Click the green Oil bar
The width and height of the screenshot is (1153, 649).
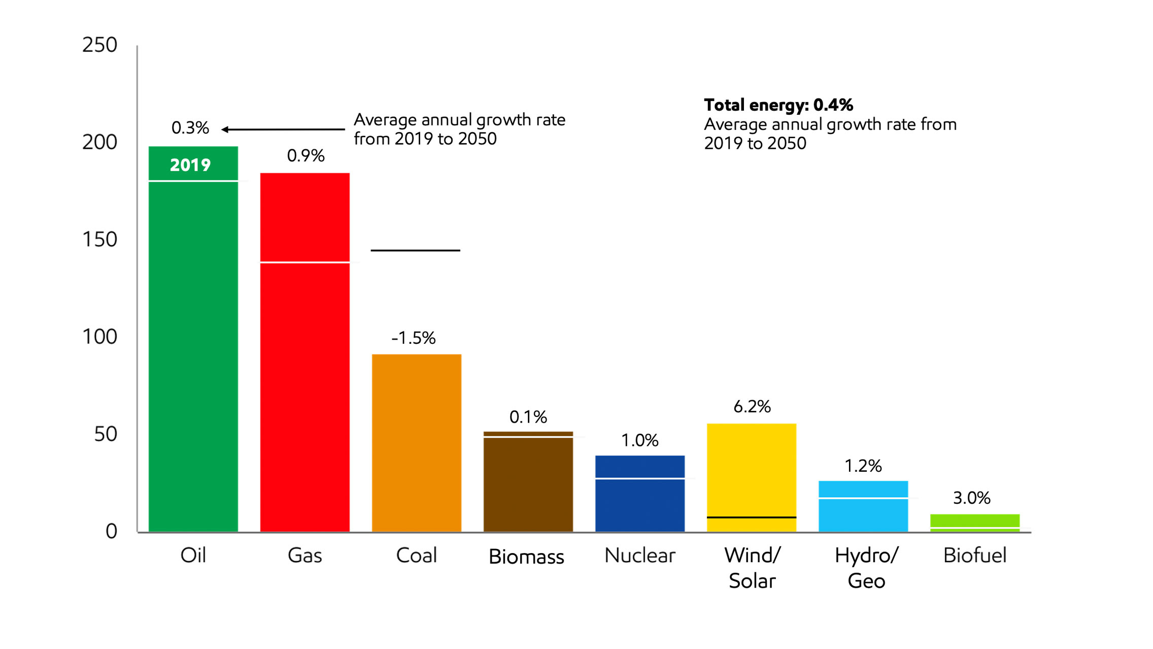click(193, 355)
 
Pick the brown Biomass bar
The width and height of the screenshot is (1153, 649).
click(528, 482)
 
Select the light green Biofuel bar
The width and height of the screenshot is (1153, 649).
click(974, 522)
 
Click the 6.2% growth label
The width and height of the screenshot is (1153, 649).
click(752, 406)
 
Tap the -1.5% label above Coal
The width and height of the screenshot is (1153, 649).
click(413, 338)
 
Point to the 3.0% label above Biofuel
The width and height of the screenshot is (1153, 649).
click(971, 498)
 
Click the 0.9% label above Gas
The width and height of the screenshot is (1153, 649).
click(306, 155)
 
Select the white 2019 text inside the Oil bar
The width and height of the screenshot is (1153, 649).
click(190, 165)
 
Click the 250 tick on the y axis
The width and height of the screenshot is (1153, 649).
click(99, 45)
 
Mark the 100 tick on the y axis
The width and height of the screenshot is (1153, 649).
click(99, 337)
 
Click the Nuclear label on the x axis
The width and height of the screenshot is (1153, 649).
click(639, 556)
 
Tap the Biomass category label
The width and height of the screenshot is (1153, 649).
click(526, 557)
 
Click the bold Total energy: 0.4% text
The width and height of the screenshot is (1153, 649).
click(778, 105)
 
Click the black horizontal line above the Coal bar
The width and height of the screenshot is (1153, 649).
click(415, 250)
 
